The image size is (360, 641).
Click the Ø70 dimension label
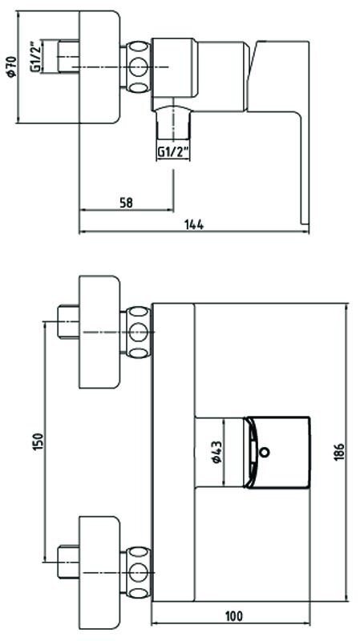click(x=11, y=67)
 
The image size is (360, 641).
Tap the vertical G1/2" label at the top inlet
click(x=36, y=56)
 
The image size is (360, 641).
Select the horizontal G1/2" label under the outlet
click(x=173, y=152)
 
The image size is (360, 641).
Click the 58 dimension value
click(x=127, y=203)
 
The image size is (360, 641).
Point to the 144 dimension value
click(x=194, y=224)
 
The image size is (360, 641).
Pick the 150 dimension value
click(x=37, y=442)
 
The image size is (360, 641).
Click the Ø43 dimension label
click(x=216, y=452)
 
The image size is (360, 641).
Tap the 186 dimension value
click(x=338, y=452)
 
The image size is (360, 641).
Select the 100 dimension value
click(x=233, y=615)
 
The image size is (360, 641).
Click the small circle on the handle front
click(x=265, y=452)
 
